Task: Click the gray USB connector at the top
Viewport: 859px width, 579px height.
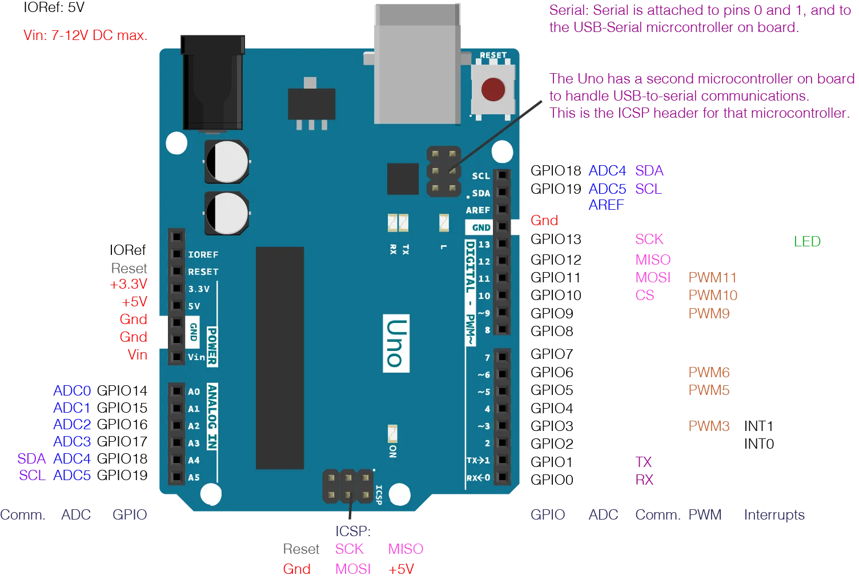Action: point(416,63)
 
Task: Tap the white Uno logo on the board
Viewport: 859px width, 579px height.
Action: point(396,343)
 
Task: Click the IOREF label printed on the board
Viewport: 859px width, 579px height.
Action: point(203,255)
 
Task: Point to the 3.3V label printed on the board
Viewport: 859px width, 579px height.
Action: point(199,289)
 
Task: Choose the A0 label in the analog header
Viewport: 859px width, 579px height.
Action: point(194,392)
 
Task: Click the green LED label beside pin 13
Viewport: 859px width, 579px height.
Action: point(806,241)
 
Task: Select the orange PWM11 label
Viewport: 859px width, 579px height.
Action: point(711,277)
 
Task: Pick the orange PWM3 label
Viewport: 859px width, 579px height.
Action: point(708,427)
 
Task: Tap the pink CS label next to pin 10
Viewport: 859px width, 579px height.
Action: point(646,296)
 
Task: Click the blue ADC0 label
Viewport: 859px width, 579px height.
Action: point(71,391)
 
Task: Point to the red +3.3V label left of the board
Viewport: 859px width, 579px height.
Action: point(129,285)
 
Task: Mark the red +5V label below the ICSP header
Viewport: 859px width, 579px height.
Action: point(402,569)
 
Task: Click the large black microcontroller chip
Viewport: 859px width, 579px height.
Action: point(280,358)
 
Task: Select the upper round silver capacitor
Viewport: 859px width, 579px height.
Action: point(227,162)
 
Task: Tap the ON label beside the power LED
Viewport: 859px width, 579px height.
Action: point(393,452)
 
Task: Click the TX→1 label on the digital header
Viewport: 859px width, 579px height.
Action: point(478,460)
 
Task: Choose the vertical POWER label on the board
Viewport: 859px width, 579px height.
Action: point(212,346)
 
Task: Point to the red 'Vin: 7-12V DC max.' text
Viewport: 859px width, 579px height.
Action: point(86,35)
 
